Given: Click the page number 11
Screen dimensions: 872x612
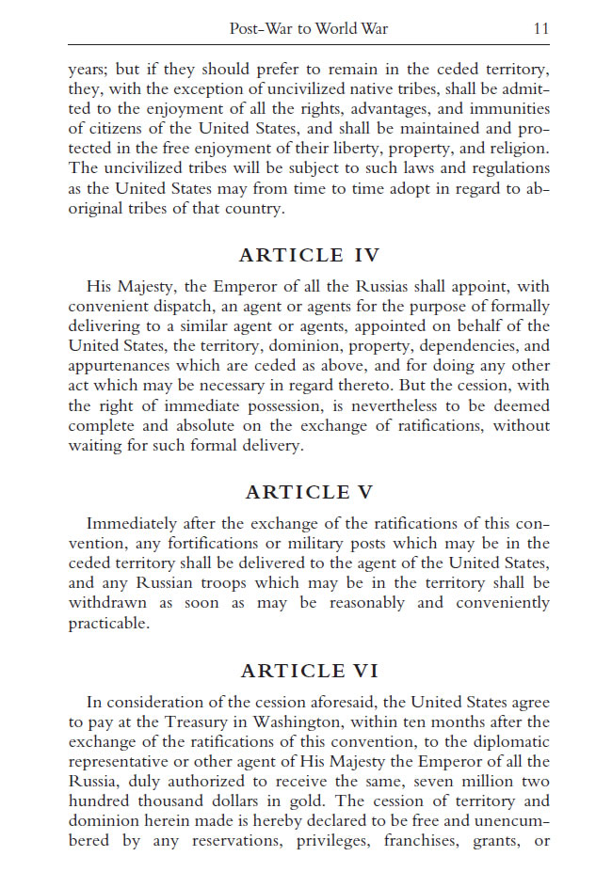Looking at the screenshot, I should click(x=540, y=29).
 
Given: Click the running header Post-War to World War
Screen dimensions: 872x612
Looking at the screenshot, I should click(x=308, y=29).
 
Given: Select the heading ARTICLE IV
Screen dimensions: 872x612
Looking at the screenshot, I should click(x=308, y=255).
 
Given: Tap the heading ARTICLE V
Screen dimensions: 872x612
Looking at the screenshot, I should click(x=308, y=492).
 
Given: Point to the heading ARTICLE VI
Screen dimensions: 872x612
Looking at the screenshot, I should click(x=308, y=671).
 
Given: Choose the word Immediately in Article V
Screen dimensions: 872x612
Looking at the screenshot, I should click(x=134, y=523).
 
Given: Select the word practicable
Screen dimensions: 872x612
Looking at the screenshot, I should click(x=108, y=623).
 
